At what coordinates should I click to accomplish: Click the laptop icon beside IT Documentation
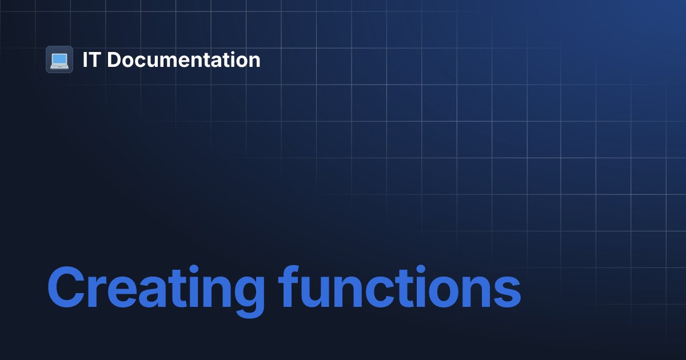point(59,59)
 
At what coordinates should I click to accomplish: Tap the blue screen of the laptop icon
point(59,58)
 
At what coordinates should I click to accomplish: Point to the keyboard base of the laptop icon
point(59,66)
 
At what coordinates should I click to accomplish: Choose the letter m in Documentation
point(174,62)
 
